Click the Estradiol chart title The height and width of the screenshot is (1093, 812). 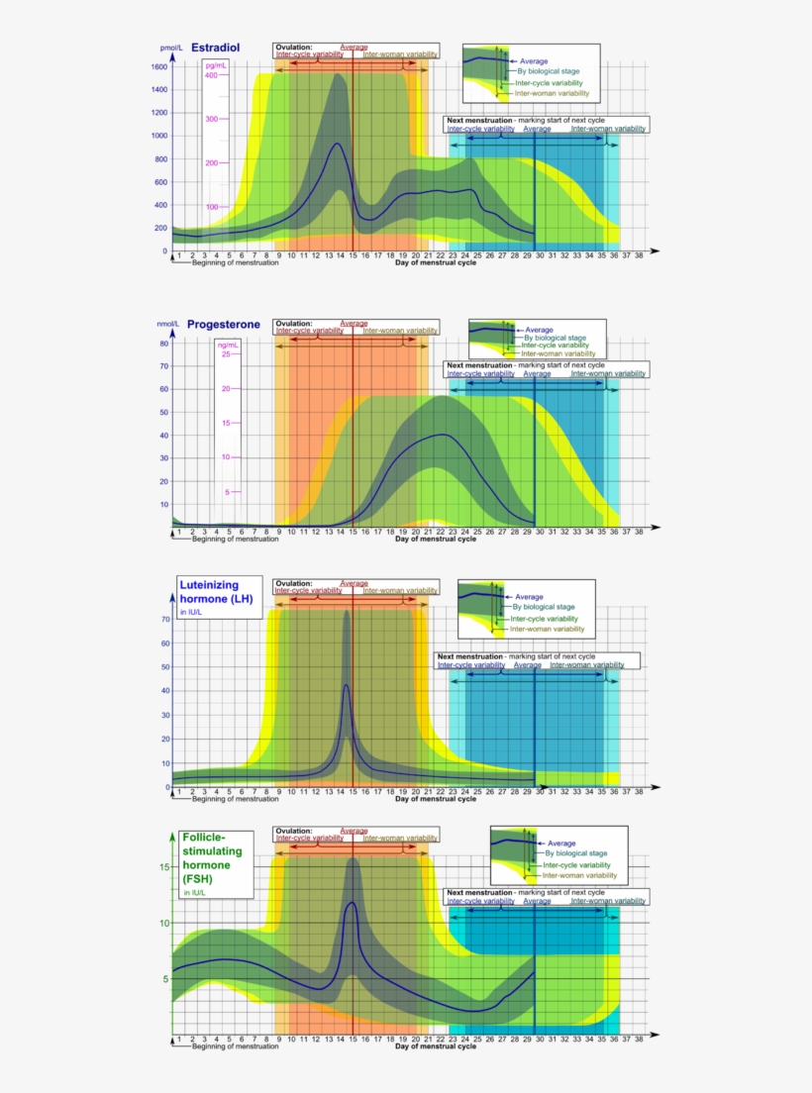click(215, 48)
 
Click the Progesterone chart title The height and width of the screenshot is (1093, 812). click(224, 324)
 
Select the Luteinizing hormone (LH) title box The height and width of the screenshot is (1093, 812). click(219, 597)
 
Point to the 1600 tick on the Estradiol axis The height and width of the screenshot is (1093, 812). click(158, 66)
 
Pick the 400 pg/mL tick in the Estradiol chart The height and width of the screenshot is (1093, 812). click(211, 75)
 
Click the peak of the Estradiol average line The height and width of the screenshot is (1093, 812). click(338, 144)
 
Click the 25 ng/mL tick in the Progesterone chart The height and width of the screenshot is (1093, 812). click(225, 353)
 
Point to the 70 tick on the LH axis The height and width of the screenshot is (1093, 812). click(165, 619)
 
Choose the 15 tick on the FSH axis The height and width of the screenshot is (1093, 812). click(165, 867)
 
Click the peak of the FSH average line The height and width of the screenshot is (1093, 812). click(351, 902)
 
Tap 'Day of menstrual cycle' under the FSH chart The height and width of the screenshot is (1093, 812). click(435, 1046)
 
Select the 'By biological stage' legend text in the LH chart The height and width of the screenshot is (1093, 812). click(543, 607)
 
